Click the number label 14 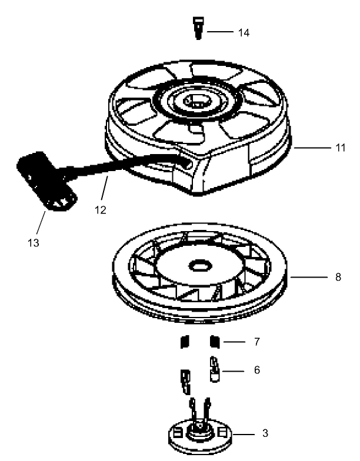[x=242, y=33]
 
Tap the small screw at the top [x=198, y=27]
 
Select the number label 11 [x=340, y=148]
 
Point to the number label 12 [x=101, y=208]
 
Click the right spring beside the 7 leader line [x=215, y=341]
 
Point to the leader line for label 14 [x=221, y=32]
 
